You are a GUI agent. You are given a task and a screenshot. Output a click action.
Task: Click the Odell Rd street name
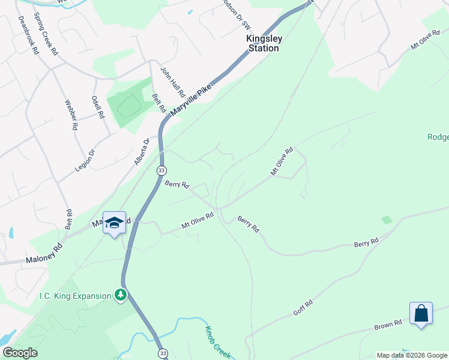click(x=98, y=106)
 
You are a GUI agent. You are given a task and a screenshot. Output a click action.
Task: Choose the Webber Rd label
click(x=71, y=115)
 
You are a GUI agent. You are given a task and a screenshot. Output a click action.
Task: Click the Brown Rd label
click(x=388, y=325)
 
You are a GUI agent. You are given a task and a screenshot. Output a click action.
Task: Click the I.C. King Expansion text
click(x=75, y=295)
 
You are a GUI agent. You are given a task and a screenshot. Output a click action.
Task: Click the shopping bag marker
click(x=421, y=313)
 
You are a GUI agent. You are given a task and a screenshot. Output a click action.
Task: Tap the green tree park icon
click(x=121, y=295)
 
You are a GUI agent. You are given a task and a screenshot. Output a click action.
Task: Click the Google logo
click(x=20, y=353)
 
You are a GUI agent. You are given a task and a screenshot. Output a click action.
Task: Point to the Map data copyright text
click(x=411, y=355)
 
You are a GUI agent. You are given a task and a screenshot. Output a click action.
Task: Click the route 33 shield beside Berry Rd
click(x=161, y=171)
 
